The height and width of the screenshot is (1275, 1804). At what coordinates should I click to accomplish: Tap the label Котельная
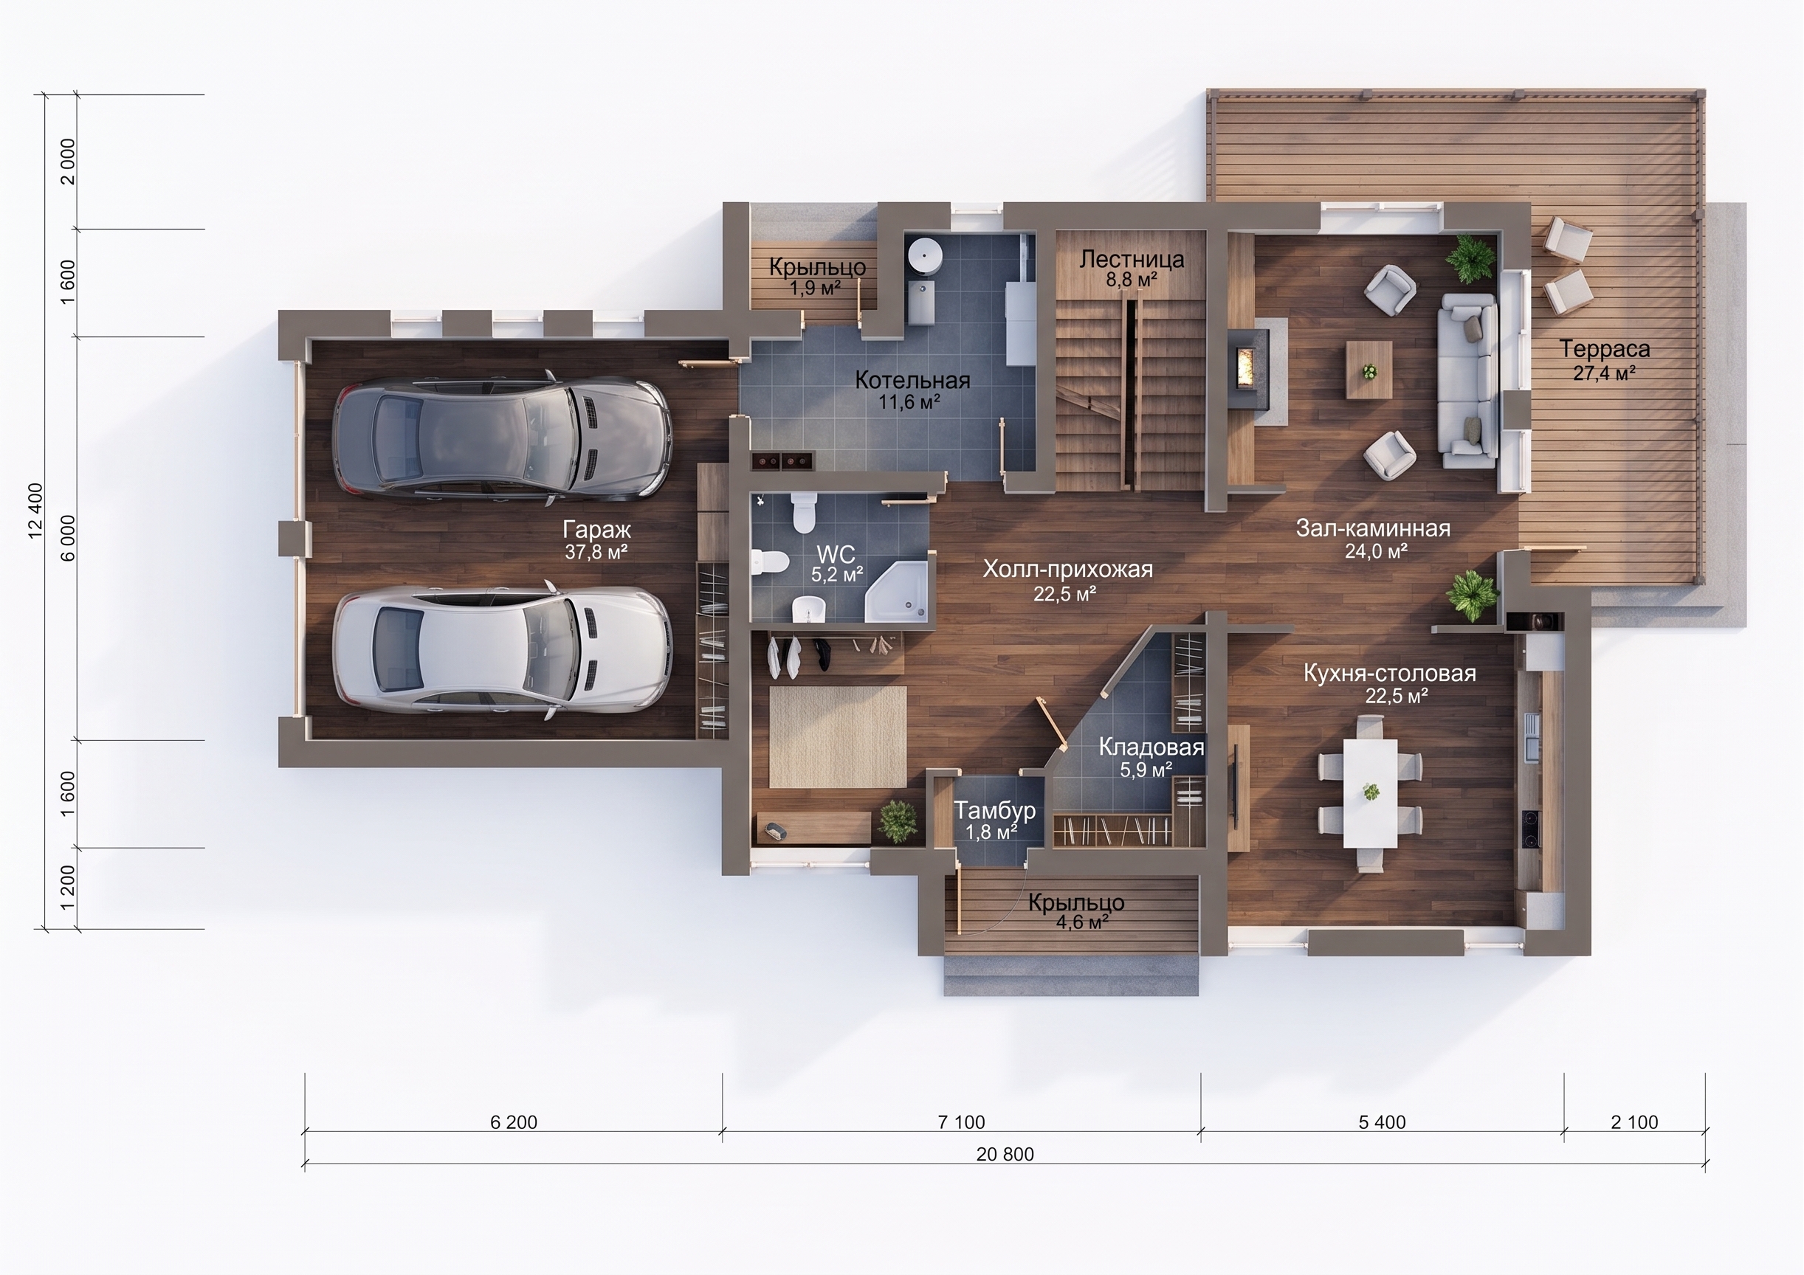912,380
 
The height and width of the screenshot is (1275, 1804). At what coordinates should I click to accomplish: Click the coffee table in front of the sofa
1369,370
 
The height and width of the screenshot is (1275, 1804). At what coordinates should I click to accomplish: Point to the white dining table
1370,792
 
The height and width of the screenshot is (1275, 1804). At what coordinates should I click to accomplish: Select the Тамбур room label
995,810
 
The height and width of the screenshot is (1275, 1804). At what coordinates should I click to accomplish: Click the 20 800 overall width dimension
1005,1154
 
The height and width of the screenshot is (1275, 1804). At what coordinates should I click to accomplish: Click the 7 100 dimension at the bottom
961,1122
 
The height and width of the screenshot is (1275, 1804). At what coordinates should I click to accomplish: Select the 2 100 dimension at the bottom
1634,1122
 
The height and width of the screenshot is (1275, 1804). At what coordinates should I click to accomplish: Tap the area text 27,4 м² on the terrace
1605,373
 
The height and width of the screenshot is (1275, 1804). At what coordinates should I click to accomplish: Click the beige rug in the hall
838,737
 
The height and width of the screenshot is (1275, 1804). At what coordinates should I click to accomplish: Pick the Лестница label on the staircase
1132,259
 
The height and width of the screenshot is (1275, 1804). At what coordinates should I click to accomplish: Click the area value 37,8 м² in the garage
596,552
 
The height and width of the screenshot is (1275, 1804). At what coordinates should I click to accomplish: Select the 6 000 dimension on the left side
69,538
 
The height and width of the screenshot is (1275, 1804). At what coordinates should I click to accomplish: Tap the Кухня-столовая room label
1390,673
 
